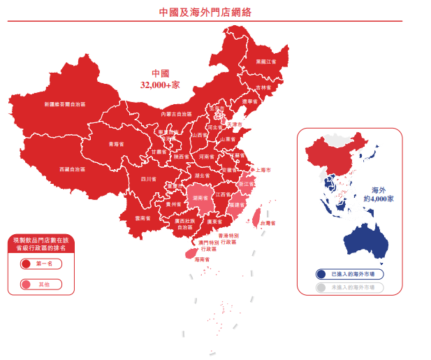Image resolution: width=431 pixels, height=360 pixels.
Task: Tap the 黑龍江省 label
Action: click(265, 62)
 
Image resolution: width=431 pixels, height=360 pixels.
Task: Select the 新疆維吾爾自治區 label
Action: click(65, 104)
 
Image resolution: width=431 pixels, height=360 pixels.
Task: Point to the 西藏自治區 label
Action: click(72, 169)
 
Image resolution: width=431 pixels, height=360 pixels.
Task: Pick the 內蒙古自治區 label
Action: click(176, 113)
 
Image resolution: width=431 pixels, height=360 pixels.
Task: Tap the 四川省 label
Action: click(148, 179)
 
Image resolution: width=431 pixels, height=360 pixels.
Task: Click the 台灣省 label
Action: click(268, 223)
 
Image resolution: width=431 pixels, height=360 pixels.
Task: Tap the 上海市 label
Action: click(263, 170)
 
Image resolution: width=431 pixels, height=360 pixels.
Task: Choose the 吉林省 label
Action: click(263, 87)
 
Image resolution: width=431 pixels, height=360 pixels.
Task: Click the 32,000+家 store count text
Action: click(160, 85)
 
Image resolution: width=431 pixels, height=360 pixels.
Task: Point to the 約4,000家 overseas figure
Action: click(379, 199)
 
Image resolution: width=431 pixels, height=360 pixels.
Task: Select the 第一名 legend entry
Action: click(41, 264)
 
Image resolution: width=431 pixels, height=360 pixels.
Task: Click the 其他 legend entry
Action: click(41, 285)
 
